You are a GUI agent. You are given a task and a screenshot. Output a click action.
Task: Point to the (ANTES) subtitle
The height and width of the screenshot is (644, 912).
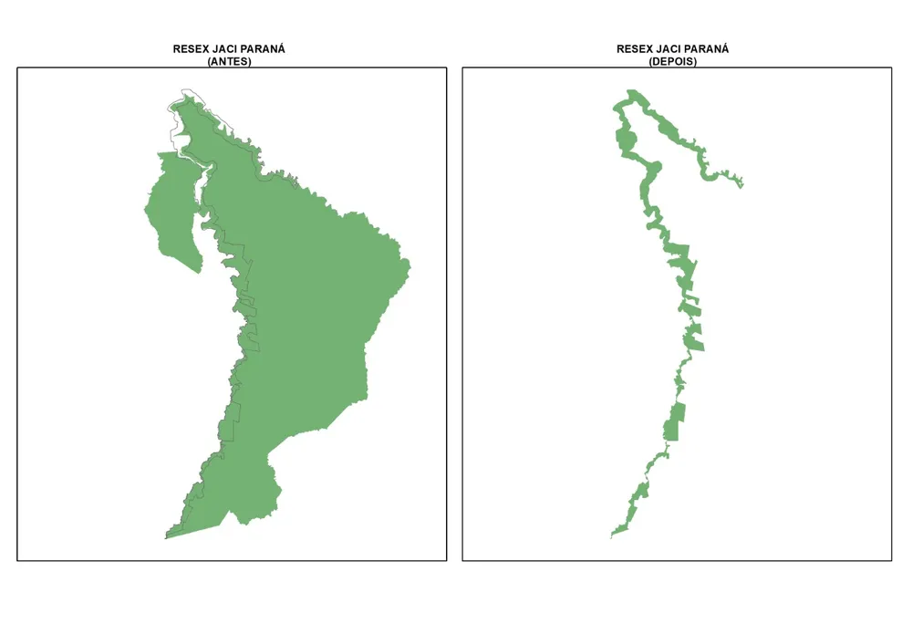pos(229,61)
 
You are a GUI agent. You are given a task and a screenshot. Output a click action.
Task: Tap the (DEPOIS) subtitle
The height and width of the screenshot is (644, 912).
pos(673,61)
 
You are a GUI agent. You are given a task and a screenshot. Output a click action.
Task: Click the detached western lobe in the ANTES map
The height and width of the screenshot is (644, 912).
pos(169,210)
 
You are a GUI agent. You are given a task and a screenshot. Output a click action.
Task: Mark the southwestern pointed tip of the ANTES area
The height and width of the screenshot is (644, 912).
pos(166,538)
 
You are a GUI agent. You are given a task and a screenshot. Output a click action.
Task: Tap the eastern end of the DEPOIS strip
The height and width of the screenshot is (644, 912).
pos(742,185)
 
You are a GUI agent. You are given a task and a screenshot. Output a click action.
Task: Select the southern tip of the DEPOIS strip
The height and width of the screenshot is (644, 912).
pos(611,536)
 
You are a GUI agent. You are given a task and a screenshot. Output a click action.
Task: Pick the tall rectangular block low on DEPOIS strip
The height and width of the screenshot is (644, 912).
pos(674,422)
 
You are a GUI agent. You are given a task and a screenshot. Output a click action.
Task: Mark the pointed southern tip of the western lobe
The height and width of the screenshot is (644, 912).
pos(200,272)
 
